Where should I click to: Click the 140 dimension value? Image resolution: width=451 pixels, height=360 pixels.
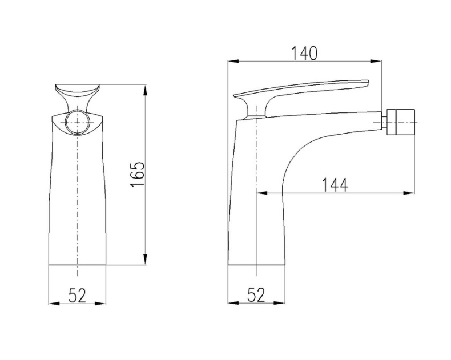305,53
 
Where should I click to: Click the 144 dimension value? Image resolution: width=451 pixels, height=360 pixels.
335,185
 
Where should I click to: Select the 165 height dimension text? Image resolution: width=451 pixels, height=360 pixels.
138,175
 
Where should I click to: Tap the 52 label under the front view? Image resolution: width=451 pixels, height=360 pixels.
78,296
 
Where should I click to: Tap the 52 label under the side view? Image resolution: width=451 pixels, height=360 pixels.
256,295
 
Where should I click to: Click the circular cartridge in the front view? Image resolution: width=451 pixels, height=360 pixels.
77,122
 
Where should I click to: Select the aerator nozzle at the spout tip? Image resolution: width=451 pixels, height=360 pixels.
401,122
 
